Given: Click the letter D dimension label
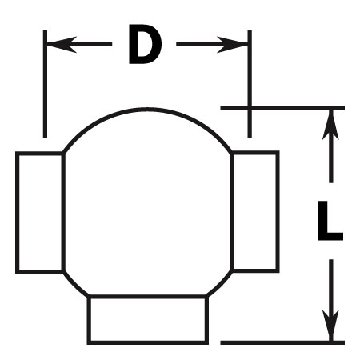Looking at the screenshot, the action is (145, 44).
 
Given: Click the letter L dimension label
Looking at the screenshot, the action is (330, 220).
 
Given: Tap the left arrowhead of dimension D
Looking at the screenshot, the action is (62, 44).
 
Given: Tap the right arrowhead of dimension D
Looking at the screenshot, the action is (233, 44).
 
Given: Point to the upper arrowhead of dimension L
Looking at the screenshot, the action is (330, 125).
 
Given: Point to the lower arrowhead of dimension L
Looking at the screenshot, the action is (330, 326).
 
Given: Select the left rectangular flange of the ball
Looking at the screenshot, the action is (40, 212).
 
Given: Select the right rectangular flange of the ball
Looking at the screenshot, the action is (255, 211).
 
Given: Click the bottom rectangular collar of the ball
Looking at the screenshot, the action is (148, 319).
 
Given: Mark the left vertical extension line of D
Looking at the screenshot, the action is (45, 84).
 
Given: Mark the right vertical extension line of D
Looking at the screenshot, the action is (250, 84).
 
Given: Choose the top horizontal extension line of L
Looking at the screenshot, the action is (282, 108).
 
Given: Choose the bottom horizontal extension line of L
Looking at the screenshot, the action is (282, 342).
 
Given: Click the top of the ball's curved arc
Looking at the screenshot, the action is (147, 109).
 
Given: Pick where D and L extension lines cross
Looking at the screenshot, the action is (250, 108).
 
